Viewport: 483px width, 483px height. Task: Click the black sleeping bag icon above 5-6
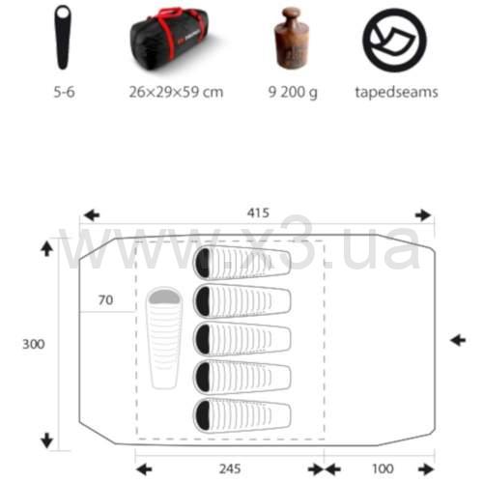coord(63,37)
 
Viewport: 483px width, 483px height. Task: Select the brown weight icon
coord(292,38)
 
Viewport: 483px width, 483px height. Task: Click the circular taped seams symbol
coord(394,40)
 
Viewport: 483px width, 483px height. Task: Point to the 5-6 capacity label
coord(64,92)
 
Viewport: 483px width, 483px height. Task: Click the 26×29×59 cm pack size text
coord(176,92)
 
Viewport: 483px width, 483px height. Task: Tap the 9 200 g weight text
coord(293,93)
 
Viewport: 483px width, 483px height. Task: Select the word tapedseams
coord(396,93)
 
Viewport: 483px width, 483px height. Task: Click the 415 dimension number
coord(258,213)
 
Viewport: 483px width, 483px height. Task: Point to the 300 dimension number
coord(34,344)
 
